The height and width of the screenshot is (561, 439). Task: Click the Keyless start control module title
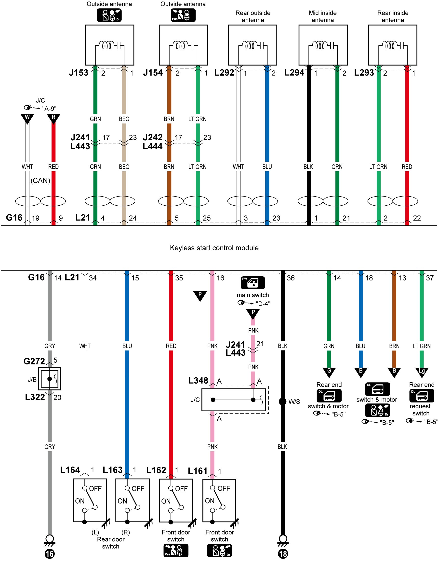pos(214,248)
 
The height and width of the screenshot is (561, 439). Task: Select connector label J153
pos(78,73)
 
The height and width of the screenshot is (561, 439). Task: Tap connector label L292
pos(224,73)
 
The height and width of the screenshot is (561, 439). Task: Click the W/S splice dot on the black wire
pos(282,401)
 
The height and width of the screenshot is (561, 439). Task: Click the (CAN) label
pos(40,180)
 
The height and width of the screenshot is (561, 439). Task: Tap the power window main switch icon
pos(253,282)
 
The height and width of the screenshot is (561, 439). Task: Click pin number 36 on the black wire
pos(291,278)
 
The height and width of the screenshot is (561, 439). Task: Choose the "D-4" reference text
pos(263,304)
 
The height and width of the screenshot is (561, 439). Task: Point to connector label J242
pos(153,137)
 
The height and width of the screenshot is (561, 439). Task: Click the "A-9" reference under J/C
pos(49,108)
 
